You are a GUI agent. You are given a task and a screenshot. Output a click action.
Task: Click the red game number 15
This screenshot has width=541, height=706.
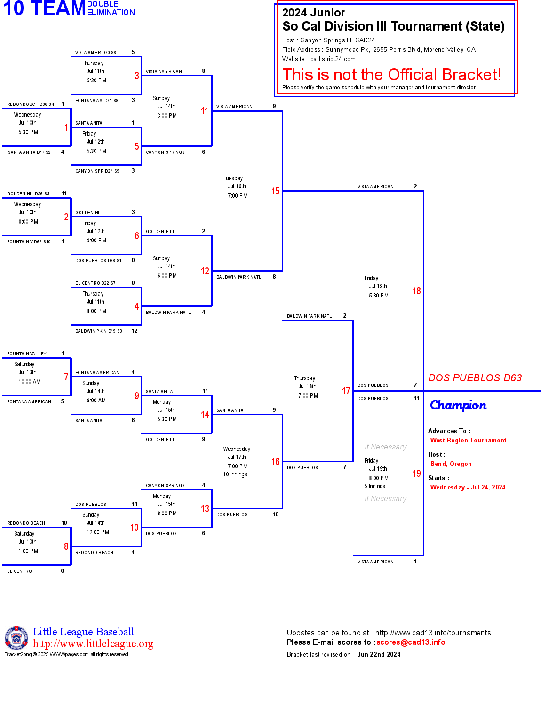[275, 191]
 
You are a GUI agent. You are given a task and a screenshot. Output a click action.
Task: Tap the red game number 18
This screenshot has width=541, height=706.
[416, 291]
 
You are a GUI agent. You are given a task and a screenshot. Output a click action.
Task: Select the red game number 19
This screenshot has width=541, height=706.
[416, 473]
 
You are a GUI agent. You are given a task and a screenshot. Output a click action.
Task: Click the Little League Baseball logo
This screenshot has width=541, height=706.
[16, 638]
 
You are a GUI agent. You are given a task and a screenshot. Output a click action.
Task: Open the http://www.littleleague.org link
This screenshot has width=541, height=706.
[93, 644]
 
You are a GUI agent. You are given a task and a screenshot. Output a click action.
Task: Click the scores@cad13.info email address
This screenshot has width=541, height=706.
[411, 642]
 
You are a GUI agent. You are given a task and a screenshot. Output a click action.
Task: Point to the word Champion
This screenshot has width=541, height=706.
[458, 405]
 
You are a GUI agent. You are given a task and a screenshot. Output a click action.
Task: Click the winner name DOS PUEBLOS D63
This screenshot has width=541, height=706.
[475, 378]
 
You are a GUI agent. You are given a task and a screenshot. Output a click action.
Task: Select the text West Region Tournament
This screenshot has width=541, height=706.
[468, 441]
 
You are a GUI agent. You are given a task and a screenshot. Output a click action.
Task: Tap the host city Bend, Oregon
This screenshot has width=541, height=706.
[451, 464]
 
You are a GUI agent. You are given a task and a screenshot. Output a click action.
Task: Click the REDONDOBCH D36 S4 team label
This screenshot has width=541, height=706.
[31, 104]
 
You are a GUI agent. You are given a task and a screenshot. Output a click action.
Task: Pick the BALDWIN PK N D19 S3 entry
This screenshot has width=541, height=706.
[99, 331]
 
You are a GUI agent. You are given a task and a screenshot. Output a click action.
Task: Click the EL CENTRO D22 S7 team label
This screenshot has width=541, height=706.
[95, 283]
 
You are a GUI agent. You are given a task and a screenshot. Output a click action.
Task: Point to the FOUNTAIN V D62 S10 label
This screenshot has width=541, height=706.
[29, 242]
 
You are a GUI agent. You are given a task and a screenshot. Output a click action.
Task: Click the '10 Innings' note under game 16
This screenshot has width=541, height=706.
[235, 474]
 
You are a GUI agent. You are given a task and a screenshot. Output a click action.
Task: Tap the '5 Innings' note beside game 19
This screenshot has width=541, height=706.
[374, 486]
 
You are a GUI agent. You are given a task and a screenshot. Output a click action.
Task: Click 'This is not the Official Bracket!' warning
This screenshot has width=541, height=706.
[391, 75]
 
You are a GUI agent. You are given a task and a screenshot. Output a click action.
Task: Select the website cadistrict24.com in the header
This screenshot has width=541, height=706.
[333, 59]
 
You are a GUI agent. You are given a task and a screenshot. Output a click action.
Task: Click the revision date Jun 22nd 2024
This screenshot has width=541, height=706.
[379, 655]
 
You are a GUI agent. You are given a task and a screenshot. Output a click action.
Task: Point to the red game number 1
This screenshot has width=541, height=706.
[66, 128]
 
